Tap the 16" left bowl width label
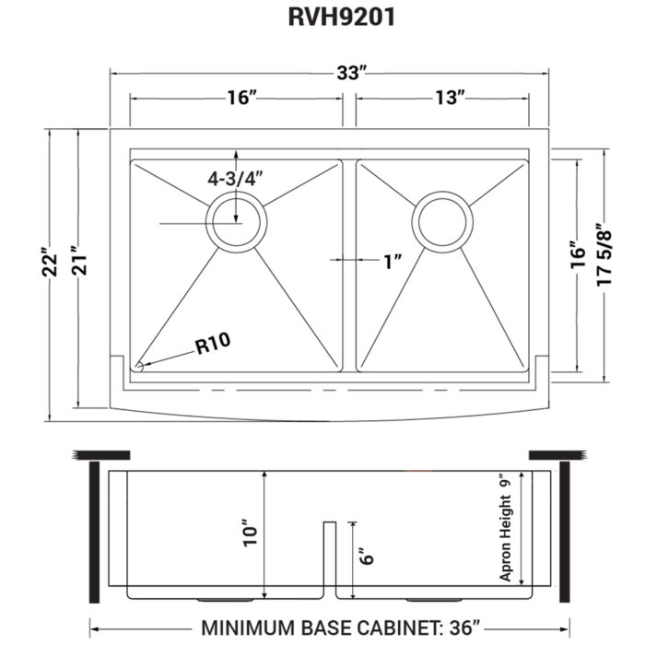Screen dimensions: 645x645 [238, 98]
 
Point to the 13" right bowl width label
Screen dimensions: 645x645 [446, 98]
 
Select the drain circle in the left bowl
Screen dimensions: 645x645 [237, 222]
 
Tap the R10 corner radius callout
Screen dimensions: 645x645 [212, 346]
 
